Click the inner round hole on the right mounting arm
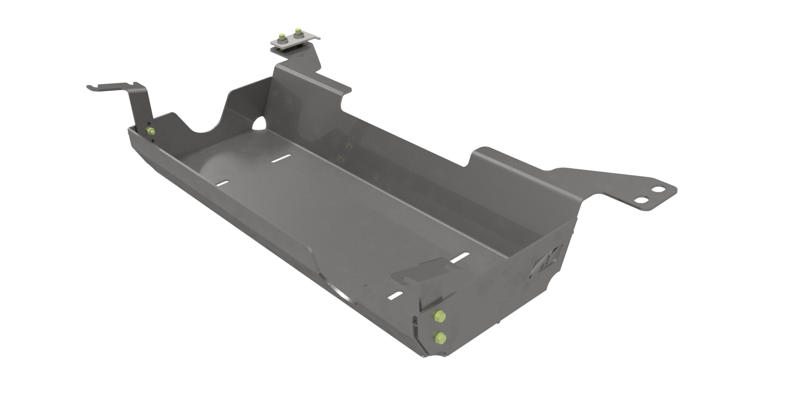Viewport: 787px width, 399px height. pos(642,200)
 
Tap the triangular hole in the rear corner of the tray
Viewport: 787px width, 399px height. pos(259,123)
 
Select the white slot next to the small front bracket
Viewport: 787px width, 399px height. pos(460,258)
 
